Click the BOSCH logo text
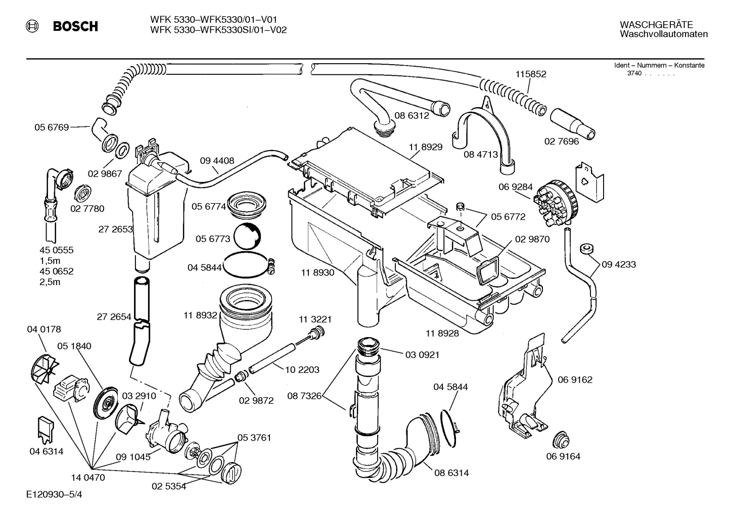(75, 26)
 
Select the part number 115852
(531, 74)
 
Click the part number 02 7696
(561, 142)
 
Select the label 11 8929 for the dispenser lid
(426, 147)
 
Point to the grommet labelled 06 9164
(561, 440)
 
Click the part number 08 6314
(451, 473)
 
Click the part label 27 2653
(115, 229)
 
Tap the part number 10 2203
(302, 369)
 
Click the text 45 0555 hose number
(57, 250)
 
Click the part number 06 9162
(575, 380)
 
